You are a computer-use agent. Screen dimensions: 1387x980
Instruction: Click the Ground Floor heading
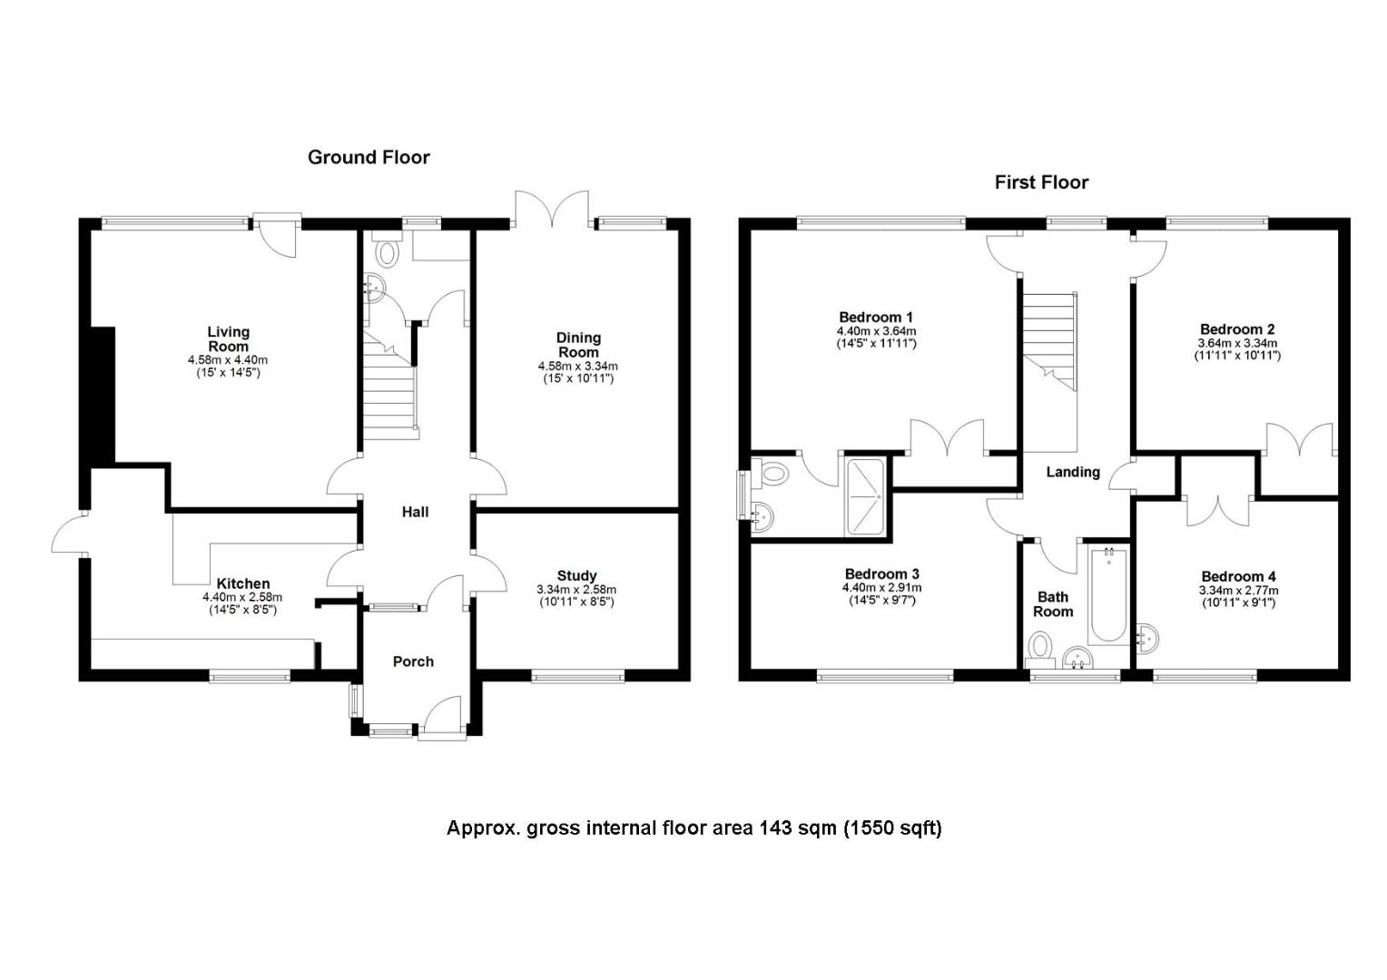click(369, 157)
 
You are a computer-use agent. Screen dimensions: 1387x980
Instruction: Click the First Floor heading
click(1041, 182)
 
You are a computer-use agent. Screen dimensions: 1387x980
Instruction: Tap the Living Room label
click(229, 339)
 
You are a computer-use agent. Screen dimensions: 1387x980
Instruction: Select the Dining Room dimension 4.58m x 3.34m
click(577, 367)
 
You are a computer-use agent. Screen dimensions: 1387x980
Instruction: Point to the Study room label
click(576, 575)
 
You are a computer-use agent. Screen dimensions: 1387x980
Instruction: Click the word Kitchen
click(242, 583)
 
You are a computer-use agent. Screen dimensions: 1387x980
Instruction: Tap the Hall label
click(415, 512)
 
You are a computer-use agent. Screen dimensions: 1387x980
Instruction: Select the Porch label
click(413, 661)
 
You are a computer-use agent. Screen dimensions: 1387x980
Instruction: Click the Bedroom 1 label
click(876, 318)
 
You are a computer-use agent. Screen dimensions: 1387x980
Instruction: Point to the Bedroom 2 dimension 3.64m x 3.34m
click(1237, 343)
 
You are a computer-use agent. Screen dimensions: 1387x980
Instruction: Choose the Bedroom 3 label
click(881, 573)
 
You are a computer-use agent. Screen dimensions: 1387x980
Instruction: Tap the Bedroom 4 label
click(1238, 576)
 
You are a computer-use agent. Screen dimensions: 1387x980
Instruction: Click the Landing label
click(1073, 472)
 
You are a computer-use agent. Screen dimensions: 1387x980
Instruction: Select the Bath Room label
click(1053, 604)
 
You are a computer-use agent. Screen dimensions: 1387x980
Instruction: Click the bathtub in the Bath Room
click(1108, 595)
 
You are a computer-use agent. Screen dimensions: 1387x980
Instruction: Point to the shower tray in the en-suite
click(865, 495)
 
